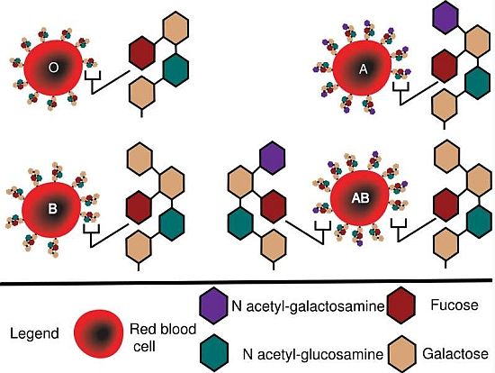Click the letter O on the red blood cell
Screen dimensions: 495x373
pos(53,68)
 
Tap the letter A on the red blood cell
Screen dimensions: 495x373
pos(364,68)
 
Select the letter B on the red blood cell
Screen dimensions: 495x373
pos(52,209)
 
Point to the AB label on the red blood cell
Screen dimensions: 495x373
pos(360,198)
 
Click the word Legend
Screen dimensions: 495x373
pos(34,333)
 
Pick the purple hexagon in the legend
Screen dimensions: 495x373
pos(213,305)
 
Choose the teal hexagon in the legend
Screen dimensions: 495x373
pos(215,352)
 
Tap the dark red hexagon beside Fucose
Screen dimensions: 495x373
pos(400,305)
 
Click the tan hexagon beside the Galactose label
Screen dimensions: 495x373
pos(402,353)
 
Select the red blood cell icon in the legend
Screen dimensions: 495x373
pos(98,333)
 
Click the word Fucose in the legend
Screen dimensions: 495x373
pos(454,305)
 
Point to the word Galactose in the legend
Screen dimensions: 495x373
pos(455,354)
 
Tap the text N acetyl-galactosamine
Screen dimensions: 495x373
pos(308,306)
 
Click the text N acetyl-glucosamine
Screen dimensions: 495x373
pos(313,354)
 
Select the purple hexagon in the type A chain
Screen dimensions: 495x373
pos(445,16)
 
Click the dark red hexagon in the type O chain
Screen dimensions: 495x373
pos(142,53)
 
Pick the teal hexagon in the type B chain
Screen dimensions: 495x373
pos(172,224)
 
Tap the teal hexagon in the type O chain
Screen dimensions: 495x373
pos(176,70)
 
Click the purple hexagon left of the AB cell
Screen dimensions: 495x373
pos(273,158)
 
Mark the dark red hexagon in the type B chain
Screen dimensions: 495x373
pos(139,207)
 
